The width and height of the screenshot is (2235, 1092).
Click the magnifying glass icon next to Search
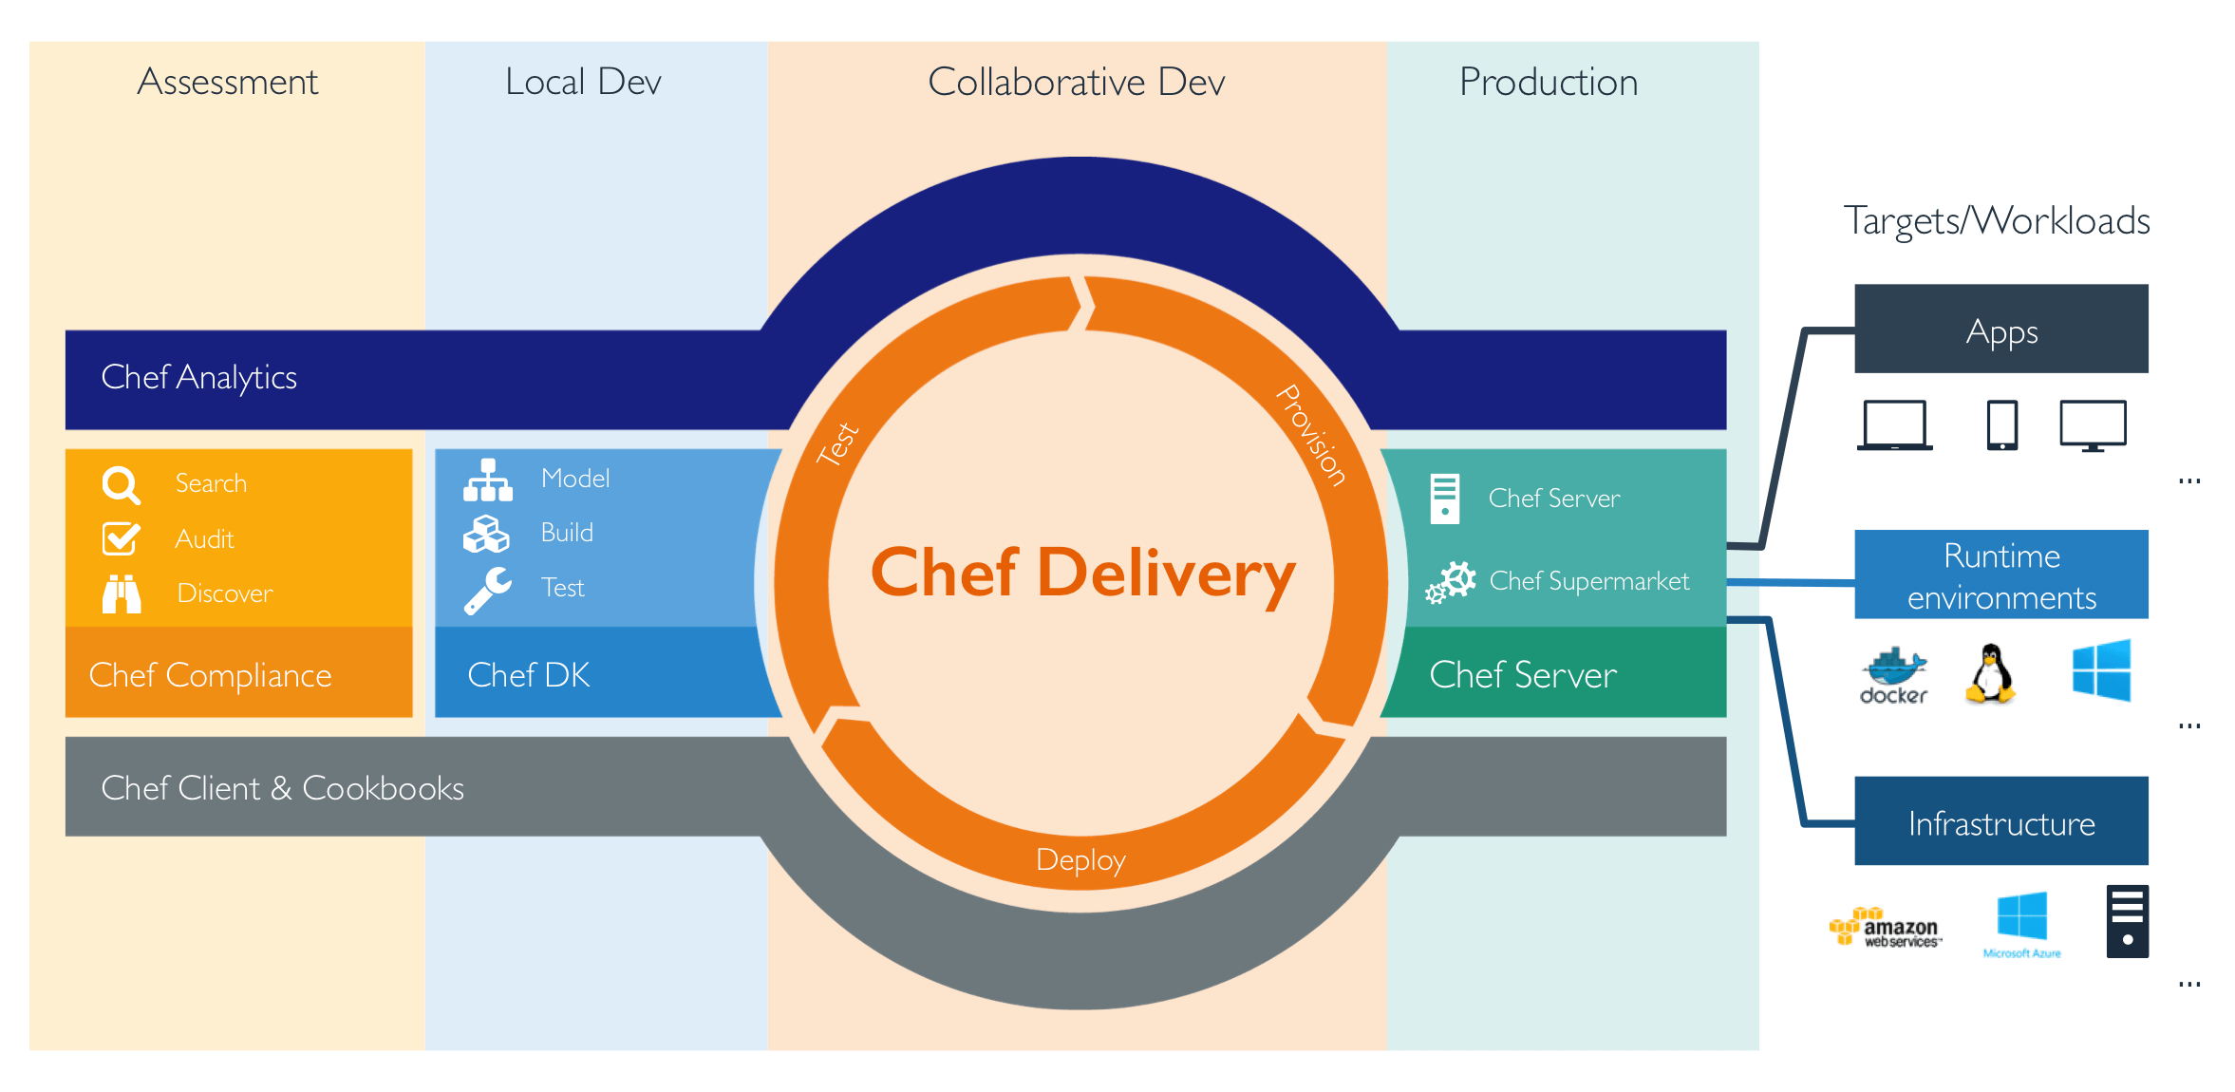coord(121,484)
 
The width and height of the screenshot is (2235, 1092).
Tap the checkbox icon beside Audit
coord(121,538)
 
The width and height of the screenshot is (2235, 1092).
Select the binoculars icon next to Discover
coord(122,593)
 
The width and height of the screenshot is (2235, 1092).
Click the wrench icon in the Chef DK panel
coord(487,590)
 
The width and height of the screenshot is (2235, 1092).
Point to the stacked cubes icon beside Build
coord(486,534)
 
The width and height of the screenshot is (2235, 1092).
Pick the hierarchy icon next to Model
coord(488,480)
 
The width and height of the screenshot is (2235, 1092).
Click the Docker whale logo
coord(1893,675)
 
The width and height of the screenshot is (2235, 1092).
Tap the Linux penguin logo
coord(1990,673)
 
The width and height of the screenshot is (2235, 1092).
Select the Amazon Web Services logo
coord(1886,928)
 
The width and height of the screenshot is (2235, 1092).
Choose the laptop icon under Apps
coord(1894,425)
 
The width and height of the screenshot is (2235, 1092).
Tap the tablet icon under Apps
coord(2001,425)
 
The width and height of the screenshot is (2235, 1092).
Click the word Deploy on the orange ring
coord(1080,860)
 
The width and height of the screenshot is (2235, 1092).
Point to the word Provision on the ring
coord(1311,435)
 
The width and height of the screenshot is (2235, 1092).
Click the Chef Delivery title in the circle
coord(1082,573)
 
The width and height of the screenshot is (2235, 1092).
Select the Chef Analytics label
coord(198,378)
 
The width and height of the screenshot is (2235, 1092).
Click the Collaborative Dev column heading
coord(1076,83)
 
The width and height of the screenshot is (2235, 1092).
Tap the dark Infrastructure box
coord(2000,821)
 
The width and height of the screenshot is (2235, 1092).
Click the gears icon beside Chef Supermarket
coord(1451,581)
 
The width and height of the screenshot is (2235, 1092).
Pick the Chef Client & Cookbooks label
coord(282,788)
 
